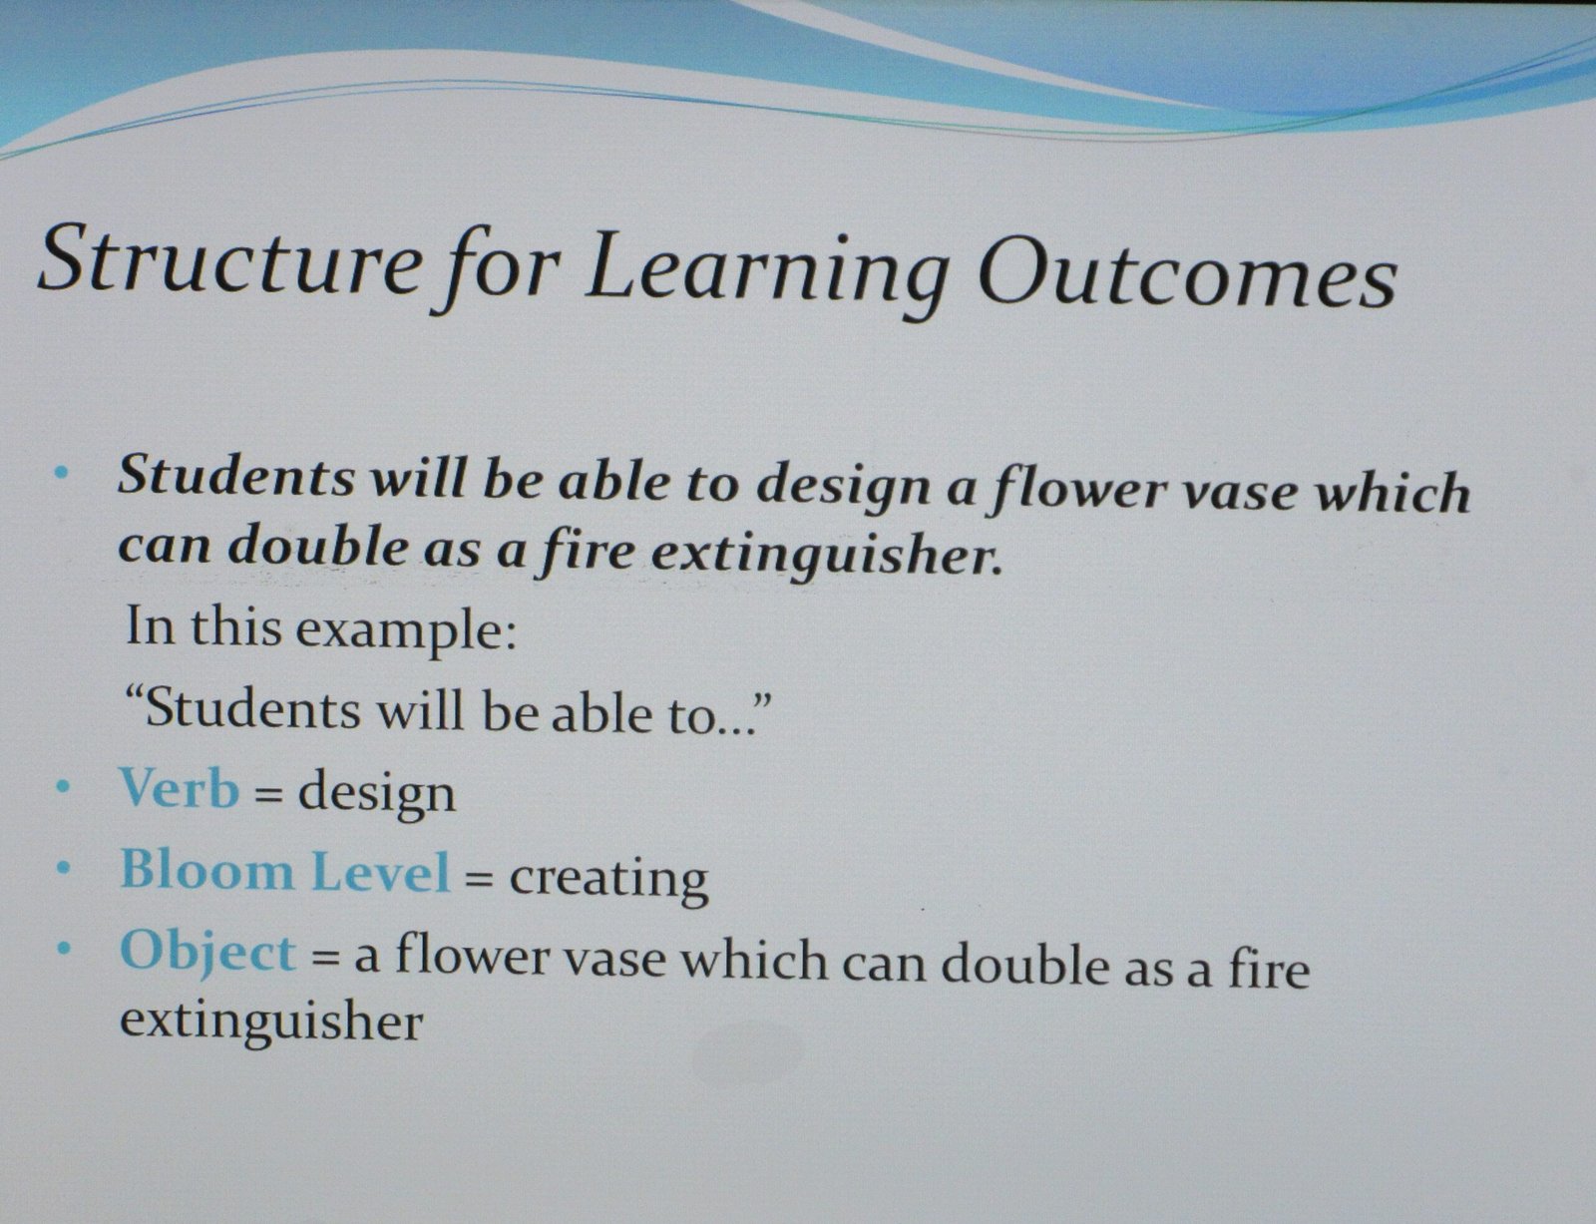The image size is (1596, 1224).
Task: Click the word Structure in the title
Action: pyautogui.click(x=230, y=259)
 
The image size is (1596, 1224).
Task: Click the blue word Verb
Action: pyautogui.click(x=180, y=789)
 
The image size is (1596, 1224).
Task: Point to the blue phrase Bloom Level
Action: pyautogui.click(x=285, y=871)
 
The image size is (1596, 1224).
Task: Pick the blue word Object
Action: pyautogui.click(x=207, y=953)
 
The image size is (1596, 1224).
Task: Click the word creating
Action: pyautogui.click(x=608, y=879)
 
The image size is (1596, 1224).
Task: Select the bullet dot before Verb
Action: pyautogui.click(x=64, y=787)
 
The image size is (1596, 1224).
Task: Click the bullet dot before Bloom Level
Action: pyautogui.click(x=65, y=869)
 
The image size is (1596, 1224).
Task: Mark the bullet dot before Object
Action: pyautogui.click(x=65, y=949)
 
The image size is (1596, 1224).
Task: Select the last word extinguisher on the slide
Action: pyautogui.click(x=271, y=1021)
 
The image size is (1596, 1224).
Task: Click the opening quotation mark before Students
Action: pyautogui.click(x=135, y=693)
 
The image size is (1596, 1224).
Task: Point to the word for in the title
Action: pyautogui.click(x=496, y=268)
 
